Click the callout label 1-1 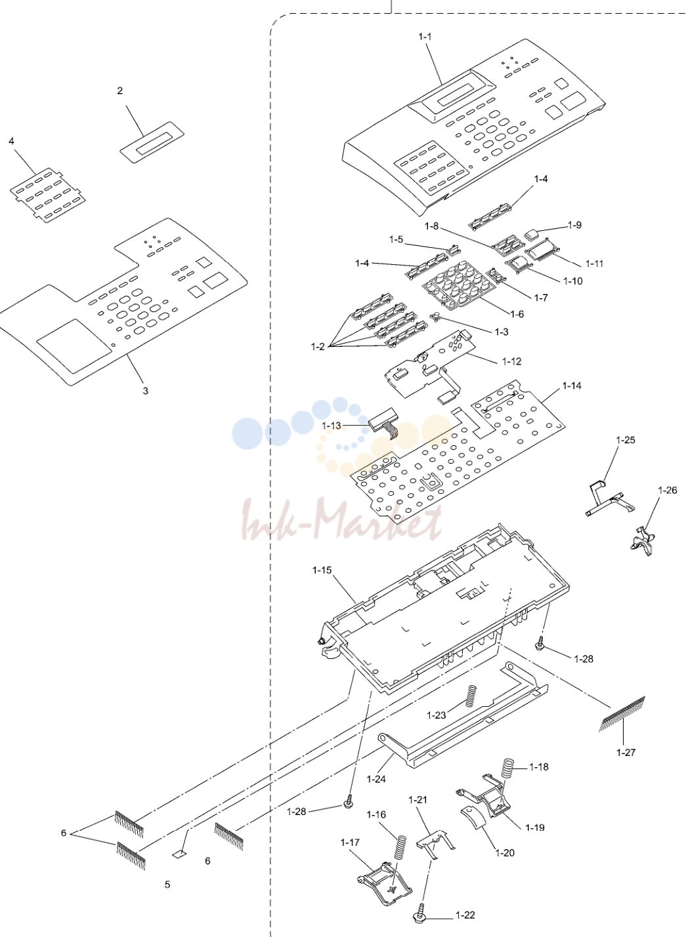coord(425,37)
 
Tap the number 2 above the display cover coord(119,90)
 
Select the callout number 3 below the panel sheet coord(145,391)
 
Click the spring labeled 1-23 coord(471,696)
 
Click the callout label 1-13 coord(332,426)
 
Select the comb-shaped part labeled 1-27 coord(622,713)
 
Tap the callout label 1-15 coord(322,570)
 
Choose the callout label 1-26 coord(668,490)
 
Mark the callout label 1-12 coord(512,361)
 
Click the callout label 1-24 coord(376,779)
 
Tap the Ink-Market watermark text coord(342,518)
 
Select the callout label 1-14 coord(572,386)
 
